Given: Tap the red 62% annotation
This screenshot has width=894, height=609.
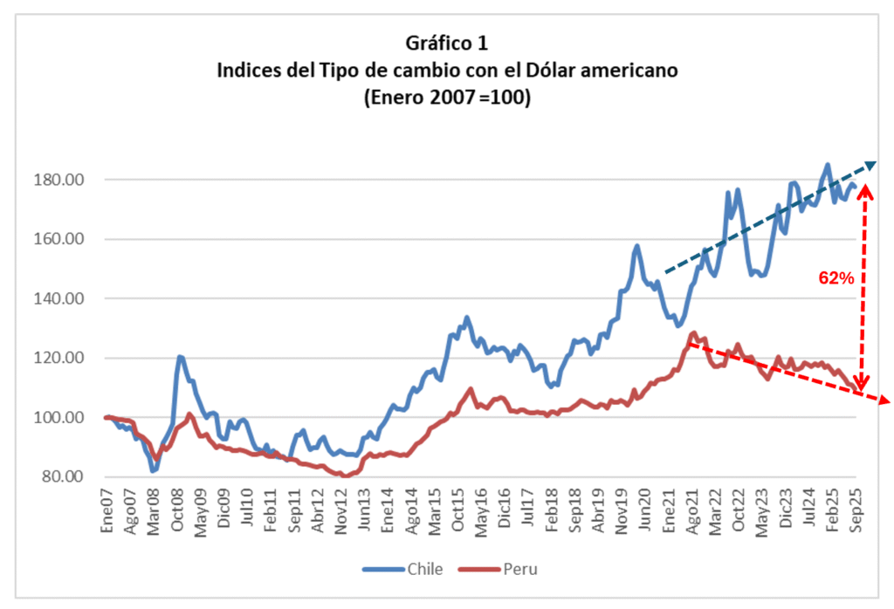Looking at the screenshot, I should [836, 277].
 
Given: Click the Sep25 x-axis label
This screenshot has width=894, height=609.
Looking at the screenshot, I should [856, 503].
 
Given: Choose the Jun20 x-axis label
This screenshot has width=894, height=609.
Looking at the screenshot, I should [646, 503].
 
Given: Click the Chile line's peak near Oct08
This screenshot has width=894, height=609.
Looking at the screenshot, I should [180, 357].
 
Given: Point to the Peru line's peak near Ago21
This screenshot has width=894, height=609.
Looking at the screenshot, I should [693, 332].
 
